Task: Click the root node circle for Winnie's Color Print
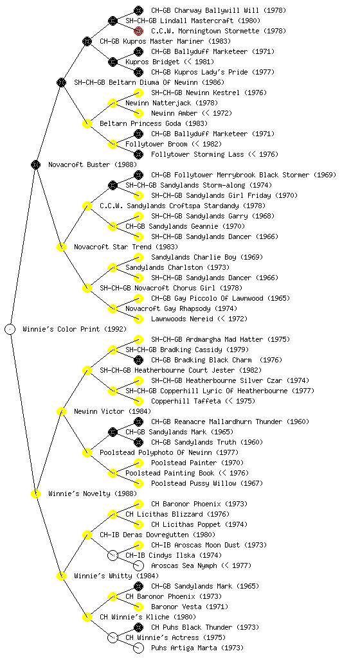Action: tap(10, 329)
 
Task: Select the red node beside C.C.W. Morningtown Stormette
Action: tap(138, 31)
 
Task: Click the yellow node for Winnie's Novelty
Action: tap(35, 493)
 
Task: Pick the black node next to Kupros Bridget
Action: tap(113, 62)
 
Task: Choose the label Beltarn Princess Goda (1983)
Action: tap(154, 123)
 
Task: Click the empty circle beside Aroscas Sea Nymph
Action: tap(138, 565)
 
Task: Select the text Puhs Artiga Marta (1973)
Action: tap(197, 648)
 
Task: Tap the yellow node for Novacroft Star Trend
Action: tap(61, 247)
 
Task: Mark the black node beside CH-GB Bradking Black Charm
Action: tap(138, 360)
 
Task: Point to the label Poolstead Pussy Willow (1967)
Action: tap(207, 483)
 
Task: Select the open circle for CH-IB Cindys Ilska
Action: tap(113, 555)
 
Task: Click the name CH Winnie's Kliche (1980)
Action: tap(147, 617)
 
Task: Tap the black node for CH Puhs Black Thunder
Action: tap(138, 627)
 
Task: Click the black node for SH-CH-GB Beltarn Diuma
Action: tap(61, 82)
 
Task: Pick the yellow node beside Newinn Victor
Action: tap(61, 411)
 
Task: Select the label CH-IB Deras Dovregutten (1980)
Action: tap(157, 535)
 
